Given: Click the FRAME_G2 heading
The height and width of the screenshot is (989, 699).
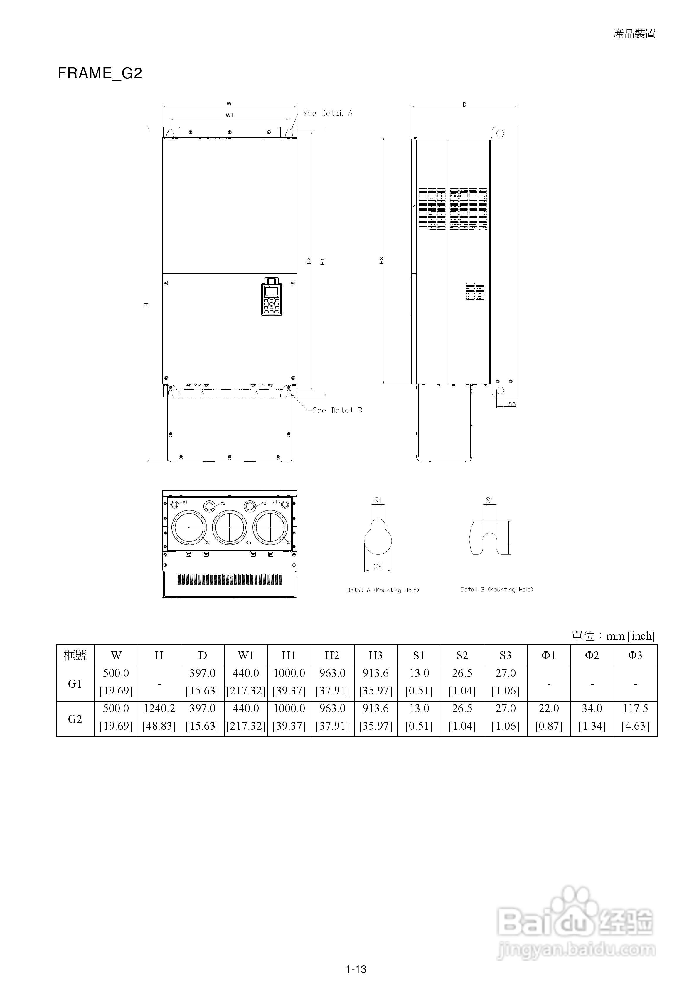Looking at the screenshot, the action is [100, 74].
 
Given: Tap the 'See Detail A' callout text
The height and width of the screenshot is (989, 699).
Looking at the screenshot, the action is [327, 113].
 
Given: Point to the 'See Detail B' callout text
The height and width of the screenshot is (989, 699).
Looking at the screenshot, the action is [337, 411].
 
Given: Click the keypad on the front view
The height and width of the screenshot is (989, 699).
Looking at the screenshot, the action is [271, 296].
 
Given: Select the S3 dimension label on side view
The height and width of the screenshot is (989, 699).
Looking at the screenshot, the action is [512, 404].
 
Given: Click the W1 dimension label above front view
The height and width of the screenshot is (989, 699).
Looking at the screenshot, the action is [230, 115].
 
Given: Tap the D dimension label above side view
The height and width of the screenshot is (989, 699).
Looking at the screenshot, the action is [464, 105].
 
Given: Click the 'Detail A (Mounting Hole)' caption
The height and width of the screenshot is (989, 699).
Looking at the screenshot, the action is [383, 590].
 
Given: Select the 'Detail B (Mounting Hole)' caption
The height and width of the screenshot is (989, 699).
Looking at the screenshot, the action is [497, 589].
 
